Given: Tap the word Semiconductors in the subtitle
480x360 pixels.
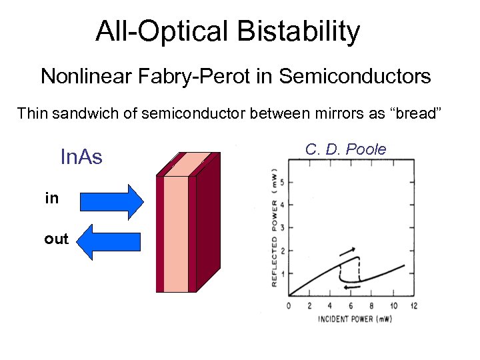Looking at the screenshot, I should click(355, 77).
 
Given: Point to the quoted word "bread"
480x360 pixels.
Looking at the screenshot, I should click(415, 113).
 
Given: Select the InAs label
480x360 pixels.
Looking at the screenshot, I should click(81, 157).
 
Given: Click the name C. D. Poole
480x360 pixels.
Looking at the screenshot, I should click(345, 149).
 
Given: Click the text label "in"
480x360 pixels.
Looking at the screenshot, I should click(51, 199).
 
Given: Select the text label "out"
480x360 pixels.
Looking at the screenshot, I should click(56, 239).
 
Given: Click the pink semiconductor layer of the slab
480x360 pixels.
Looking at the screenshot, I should click(175, 233).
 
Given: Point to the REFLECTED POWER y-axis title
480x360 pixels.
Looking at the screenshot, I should click(274, 227).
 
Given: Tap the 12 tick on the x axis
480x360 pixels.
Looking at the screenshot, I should click(414, 306).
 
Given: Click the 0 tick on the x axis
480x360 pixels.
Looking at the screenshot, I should click(289, 306).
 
